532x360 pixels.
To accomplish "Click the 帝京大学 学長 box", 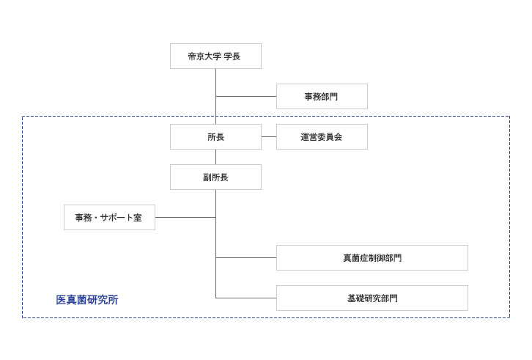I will [x=215, y=56].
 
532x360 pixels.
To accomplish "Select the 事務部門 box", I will [x=322, y=97].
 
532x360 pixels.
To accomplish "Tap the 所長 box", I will [x=215, y=137].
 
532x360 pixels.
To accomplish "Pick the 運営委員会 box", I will [x=322, y=137].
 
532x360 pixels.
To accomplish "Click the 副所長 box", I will [x=215, y=177].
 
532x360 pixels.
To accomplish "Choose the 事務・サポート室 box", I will [x=109, y=218].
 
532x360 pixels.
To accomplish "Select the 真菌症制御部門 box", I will [x=372, y=258].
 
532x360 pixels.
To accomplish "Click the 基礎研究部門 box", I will [x=372, y=298].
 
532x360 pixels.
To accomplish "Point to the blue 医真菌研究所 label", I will [x=87, y=300].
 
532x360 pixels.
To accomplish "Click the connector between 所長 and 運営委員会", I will [x=269, y=137].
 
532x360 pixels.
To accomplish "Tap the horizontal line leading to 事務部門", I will [x=245, y=97].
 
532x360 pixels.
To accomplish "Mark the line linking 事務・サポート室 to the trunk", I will [x=185, y=218].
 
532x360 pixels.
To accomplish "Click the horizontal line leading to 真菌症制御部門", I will [x=245, y=258].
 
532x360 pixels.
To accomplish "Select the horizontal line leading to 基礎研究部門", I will [x=245, y=298].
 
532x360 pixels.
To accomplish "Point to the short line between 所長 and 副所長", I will [x=215, y=157].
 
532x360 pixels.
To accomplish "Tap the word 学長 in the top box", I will [x=232, y=56].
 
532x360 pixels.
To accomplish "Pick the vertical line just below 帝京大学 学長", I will [x=215, y=82].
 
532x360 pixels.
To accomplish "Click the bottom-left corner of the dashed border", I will [x=23, y=317].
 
